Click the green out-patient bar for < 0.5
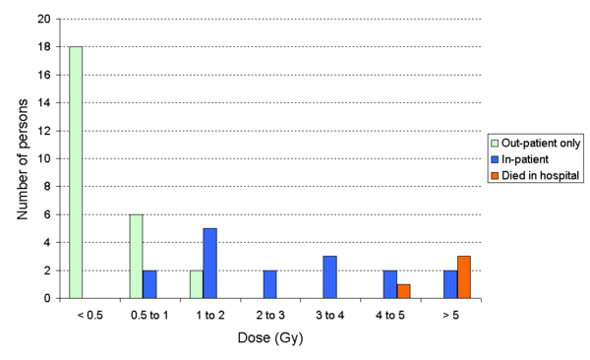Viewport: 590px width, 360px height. (75, 171)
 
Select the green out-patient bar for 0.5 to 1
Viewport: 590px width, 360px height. (136, 256)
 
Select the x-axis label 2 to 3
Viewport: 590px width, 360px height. (269, 316)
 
